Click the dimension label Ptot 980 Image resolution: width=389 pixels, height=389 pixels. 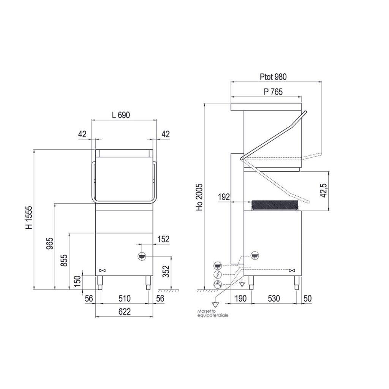pyautogui.click(x=273, y=77)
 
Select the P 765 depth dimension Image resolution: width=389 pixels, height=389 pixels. pyautogui.click(x=273, y=92)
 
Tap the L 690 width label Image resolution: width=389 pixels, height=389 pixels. pyautogui.click(x=121, y=115)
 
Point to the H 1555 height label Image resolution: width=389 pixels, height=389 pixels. pyautogui.click(x=29, y=218)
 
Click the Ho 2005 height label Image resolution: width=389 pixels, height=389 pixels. pyautogui.click(x=199, y=198)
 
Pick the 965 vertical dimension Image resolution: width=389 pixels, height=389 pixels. pyautogui.click(x=50, y=244)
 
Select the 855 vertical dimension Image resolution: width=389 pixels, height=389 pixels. pyautogui.click(x=64, y=261)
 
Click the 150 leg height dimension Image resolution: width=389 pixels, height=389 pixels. pyautogui.click(x=77, y=281)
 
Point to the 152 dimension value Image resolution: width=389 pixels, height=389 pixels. pyautogui.click(x=163, y=239)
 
